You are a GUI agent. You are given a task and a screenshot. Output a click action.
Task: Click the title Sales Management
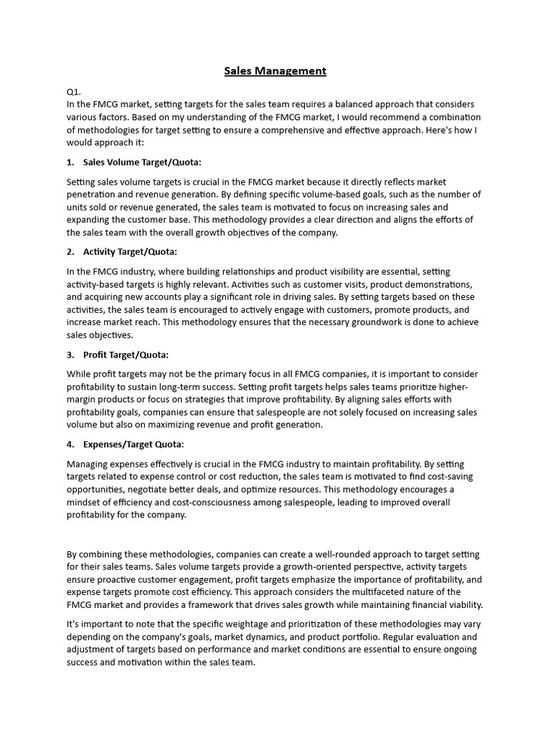point(275,70)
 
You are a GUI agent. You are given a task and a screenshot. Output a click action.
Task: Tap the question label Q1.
point(73,92)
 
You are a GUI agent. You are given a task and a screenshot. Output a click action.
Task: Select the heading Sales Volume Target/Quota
point(142,162)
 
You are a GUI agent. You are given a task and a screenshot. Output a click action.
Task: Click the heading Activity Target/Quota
point(130,252)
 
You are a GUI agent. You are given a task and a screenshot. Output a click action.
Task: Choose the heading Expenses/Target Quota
point(133,444)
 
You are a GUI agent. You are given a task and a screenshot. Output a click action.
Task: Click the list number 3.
point(70,355)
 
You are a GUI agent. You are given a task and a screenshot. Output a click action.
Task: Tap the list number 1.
point(70,162)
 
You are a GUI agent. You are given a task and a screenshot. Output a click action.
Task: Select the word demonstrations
point(446,284)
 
